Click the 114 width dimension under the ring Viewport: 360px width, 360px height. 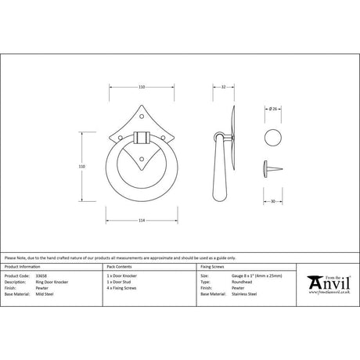click(x=142, y=221)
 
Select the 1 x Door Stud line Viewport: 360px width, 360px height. click(x=121, y=282)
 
